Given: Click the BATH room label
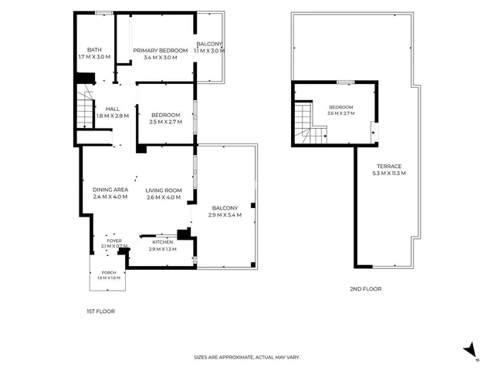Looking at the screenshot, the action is pyautogui.click(x=94, y=49).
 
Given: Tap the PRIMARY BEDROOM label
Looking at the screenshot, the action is pyautogui.click(x=161, y=50).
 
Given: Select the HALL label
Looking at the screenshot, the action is pyautogui.click(x=113, y=109).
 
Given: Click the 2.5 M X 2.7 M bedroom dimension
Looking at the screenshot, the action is pyautogui.click(x=166, y=122).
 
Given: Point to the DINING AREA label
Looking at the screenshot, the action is pyautogui.click(x=110, y=190).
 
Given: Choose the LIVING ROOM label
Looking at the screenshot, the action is pyautogui.click(x=164, y=190).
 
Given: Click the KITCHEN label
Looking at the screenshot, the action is pyautogui.click(x=163, y=242).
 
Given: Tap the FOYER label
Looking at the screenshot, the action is pyautogui.click(x=114, y=240).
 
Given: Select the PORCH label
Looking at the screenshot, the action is pyautogui.click(x=109, y=272).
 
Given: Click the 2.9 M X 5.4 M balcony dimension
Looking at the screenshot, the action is pyautogui.click(x=225, y=215).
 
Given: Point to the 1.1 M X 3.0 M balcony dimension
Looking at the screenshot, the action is pyautogui.click(x=209, y=51).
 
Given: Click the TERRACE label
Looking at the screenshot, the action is pyautogui.click(x=389, y=166).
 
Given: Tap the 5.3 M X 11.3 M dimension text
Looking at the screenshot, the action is pyautogui.click(x=389, y=173).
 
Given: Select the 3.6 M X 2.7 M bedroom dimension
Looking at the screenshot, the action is pyautogui.click(x=341, y=113).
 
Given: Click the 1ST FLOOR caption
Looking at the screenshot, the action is pyautogui.click(x=101, y=311).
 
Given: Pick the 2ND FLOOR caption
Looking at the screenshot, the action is pyautogui.click(x=365, y=289).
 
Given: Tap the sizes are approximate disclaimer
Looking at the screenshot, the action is pyautogui.click(x=247, y=358).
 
